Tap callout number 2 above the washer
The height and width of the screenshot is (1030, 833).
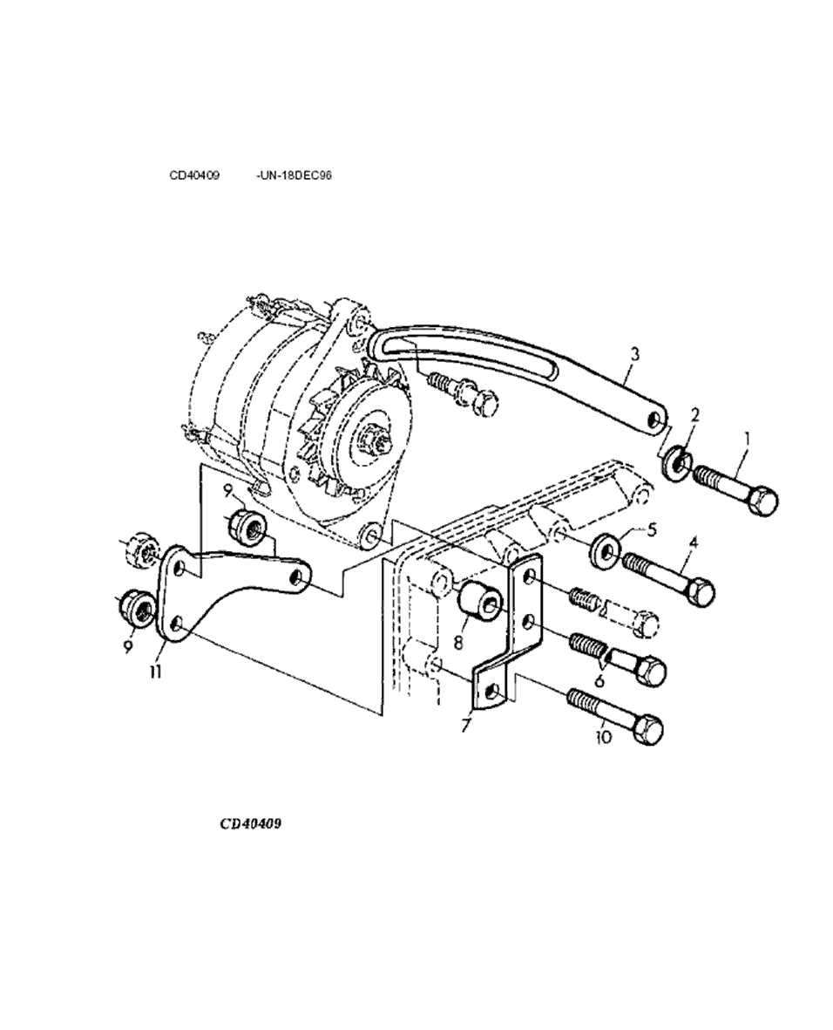695,415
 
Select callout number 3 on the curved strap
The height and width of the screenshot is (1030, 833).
634,355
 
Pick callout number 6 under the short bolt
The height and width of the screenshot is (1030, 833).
599,681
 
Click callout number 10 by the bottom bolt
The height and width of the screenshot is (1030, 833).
603,737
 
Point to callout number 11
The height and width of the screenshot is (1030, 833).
155,672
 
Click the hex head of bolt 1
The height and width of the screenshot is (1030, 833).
764,501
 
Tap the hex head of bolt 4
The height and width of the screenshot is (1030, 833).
701,592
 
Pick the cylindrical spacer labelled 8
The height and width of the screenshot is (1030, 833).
480,603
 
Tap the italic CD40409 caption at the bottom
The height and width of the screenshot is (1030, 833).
251,823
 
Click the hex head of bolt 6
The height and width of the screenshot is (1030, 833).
650,670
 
